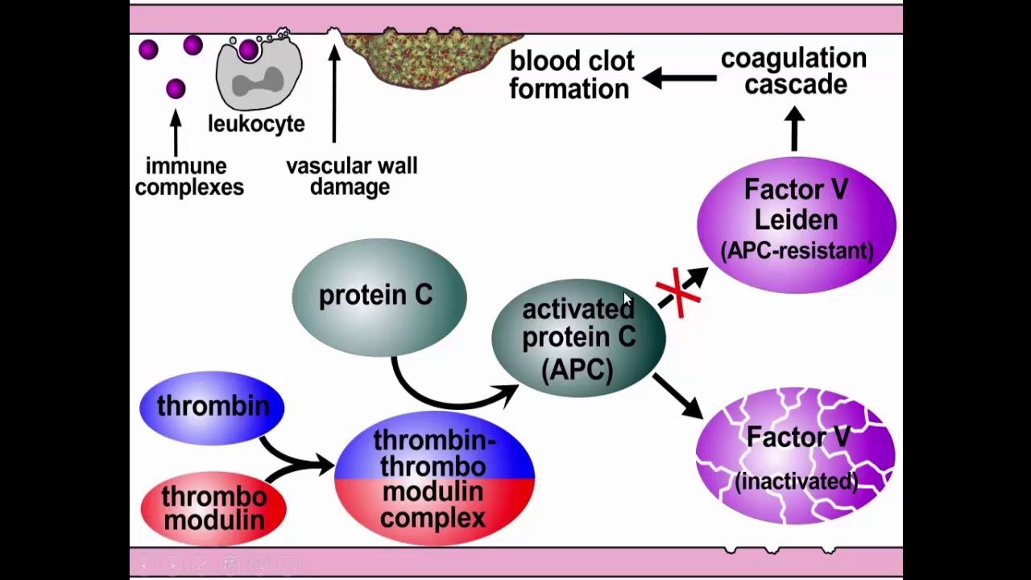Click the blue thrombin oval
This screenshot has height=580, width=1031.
point(212,407)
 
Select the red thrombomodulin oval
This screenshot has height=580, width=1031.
point(213,507)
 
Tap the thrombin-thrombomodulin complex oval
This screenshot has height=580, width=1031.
point(434,478)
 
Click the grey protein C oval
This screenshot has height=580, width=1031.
point(379,296)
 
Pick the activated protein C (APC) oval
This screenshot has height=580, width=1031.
point(578,338)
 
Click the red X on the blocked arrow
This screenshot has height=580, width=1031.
point(678,292)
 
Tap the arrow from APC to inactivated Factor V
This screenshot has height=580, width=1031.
point(677,396)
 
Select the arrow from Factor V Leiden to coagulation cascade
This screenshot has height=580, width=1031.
point(794,129)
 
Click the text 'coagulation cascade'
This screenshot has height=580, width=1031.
point(793,72)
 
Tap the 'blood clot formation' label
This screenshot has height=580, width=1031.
point(571,75)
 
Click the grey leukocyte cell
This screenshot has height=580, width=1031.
point(259,72)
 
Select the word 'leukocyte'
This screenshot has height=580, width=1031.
point(256,124)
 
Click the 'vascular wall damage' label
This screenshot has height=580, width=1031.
point(351,176)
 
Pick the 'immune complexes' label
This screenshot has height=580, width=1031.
point(189,177)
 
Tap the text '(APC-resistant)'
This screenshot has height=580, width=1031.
point(797,251)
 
